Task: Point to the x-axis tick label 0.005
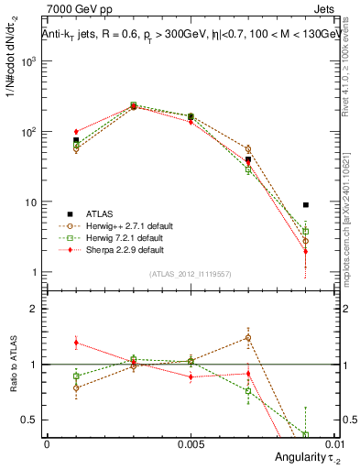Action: click(x=191, y=442)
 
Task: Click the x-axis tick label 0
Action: click(x=47, y=442)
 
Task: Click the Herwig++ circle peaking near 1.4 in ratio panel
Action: click(x=248, y=337)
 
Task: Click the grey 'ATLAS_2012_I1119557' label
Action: click(x=190, y=274)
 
